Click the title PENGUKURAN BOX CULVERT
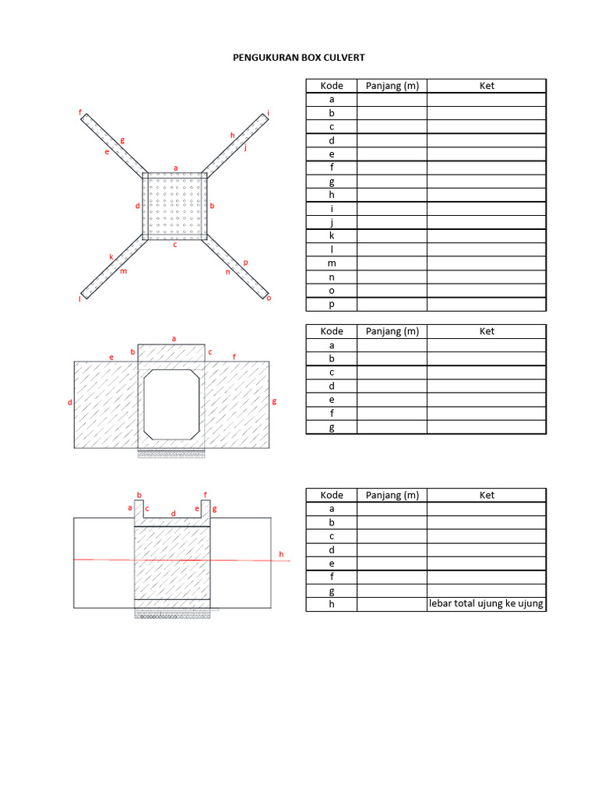tap(299, 58)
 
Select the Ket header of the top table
tap(487, 86)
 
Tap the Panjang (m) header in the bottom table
tap(392, 495)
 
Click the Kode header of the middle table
tap(332, 331)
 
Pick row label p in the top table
tap(332, 305)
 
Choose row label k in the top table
tap(332, 235)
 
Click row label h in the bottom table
tap(332, 605)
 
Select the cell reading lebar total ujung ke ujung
tap(487, 605)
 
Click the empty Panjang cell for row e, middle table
tap(392, 400)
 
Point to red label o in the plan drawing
tap(269, 298)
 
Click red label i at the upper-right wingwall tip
tap(269, 114)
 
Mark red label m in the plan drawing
tap(123, 271)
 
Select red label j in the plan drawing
tap(245, 147)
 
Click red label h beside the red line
tap(282, 554)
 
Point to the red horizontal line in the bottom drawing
tap(179, 560)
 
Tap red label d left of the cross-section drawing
tap(69, 403)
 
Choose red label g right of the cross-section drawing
tap(275, 402)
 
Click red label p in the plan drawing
tap(245, 263)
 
